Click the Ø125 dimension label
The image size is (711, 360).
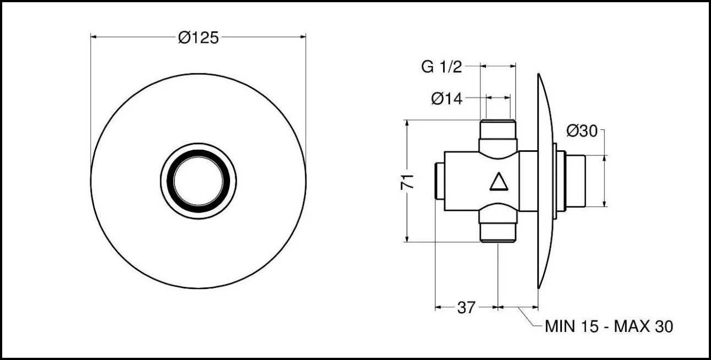198,38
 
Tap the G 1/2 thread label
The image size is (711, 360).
441,67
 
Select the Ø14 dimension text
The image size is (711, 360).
447,99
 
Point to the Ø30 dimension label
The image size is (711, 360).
582,131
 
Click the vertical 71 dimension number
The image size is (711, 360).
407,182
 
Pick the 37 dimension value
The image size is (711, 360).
466,307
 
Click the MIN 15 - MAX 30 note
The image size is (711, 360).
609,326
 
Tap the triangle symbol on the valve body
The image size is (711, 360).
499,182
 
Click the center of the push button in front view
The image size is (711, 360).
198,181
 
